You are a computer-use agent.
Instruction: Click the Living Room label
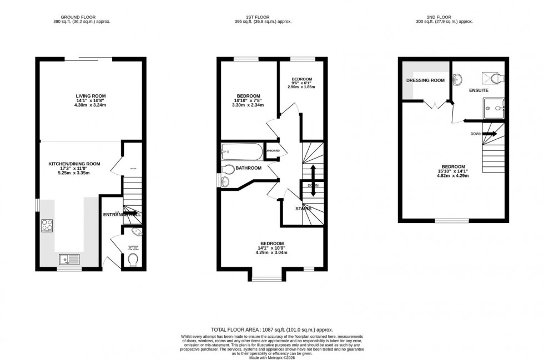90,96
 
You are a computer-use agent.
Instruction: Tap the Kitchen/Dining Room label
74,164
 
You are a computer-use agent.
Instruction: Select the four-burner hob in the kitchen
47,226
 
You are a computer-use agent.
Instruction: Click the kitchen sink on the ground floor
68,259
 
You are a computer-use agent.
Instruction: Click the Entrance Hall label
122,215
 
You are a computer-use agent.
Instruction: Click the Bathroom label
248,168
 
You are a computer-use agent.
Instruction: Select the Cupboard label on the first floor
272,151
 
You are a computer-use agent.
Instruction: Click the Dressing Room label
426,80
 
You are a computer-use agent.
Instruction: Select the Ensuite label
478,90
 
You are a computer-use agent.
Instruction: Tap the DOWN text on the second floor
476,134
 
